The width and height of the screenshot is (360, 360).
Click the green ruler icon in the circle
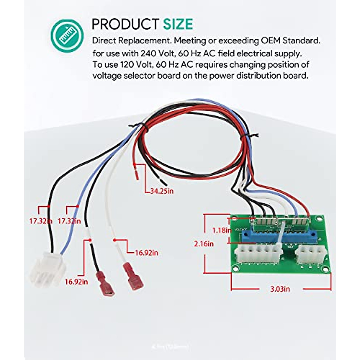pyautogui.click(x=67, y=35)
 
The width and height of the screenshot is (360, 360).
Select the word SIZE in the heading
pyautogui.click(x=178, y=24)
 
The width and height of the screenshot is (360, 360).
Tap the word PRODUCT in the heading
pyautogui.click(x=125, y=24)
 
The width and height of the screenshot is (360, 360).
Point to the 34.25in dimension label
pyautogui.click(x=162, y=191)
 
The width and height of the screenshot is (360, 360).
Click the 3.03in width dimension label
pyautogui.click(x=280, y=289)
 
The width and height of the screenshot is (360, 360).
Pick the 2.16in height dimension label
pyautogui.click(x=204, y=244)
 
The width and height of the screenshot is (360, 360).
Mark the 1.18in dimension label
pyautogui.click(x=222, y=230)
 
